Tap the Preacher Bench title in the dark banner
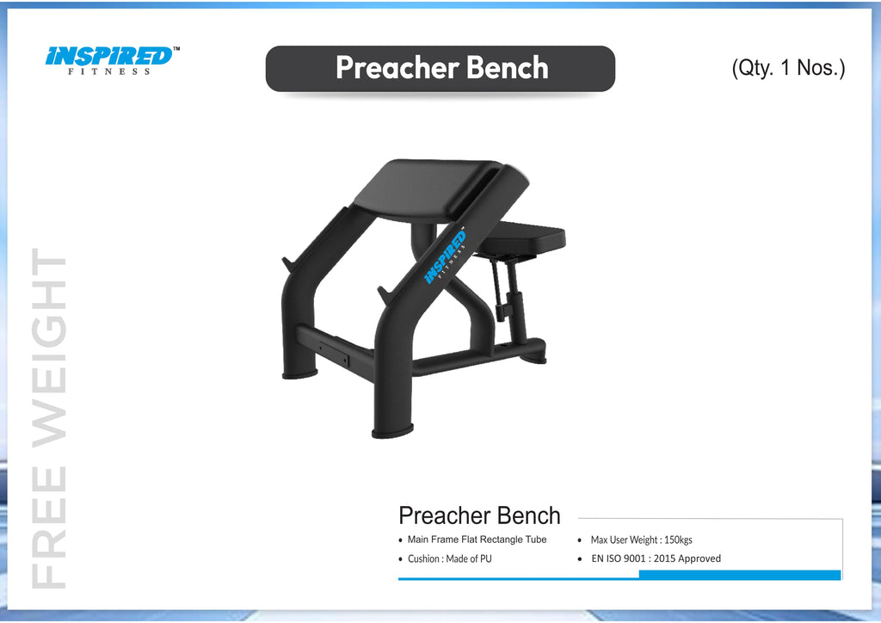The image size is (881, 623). [441, 68]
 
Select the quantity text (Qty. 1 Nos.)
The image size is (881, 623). [788, 68]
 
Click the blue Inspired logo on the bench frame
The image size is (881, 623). [444, 257]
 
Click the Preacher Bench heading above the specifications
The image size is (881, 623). [479, 516]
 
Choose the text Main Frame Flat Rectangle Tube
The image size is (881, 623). [477, 540]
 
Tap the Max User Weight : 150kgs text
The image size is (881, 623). [641, 540]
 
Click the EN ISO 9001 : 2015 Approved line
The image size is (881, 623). [656, 558]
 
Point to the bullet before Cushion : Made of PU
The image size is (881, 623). [400, 559]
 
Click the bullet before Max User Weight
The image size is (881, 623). [582, 540]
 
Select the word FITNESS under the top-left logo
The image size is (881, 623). [109, 71]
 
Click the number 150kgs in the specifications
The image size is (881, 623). [678, 540]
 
